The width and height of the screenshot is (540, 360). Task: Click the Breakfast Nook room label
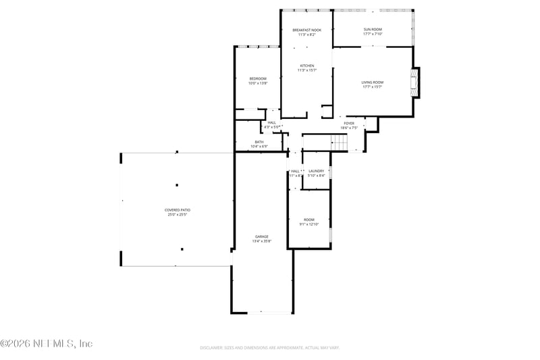(x=306, y=30)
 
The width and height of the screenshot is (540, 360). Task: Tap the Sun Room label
(x=373, y=30)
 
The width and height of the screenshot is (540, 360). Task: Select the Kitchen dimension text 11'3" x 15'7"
(x=307, y=70)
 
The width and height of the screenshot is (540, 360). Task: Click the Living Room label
(x=373, y=82)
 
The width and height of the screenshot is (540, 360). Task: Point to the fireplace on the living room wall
(x=415, y=82)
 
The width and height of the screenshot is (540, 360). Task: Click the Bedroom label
(x=258, y=79)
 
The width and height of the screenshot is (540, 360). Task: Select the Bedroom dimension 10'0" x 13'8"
(x=258, y=84)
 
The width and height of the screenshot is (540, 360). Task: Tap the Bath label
(x=259, y=142)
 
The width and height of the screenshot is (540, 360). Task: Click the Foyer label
(x=349, y=123)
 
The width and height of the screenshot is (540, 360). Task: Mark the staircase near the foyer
(x=338, y=143)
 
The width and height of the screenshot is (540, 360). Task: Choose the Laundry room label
(x=317, y=172)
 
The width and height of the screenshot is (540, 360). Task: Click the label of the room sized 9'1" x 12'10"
(x=309, y=220)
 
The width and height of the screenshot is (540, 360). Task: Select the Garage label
(x=262, y=236)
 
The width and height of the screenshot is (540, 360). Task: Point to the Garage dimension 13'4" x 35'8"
(x=262, y=241)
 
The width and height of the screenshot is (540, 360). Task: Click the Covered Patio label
(x=177, y=210)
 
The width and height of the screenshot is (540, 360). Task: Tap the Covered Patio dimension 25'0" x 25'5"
(x=177, y=215)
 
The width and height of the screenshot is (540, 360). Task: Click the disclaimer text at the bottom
(x=269, y=348)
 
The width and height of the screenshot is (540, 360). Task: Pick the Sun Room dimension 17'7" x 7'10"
(x=373, y=34)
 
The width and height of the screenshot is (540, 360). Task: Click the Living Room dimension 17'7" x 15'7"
(x=373, y=87)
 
